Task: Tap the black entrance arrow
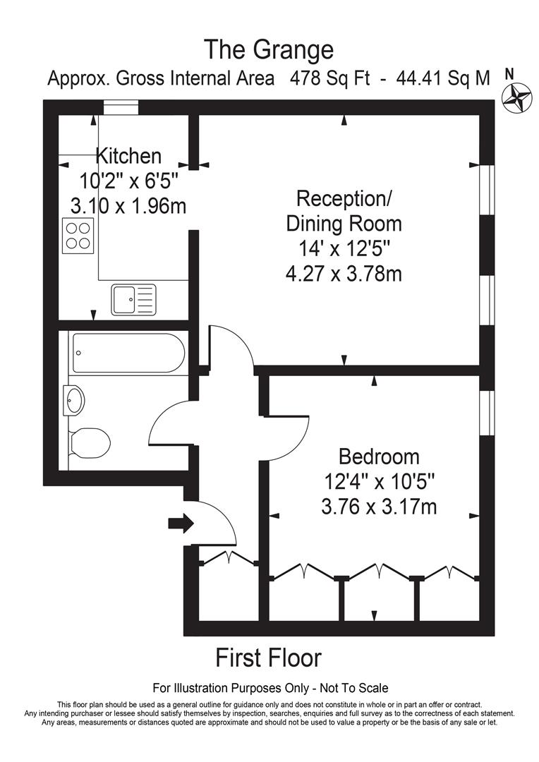coord(181,524)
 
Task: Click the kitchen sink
coord(134,299)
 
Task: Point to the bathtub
coord(128,353)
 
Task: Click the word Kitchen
coord(128,156)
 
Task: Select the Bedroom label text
coord(379,456)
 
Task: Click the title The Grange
coord(268,50)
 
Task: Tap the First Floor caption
coord(268,658)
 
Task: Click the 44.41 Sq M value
coord(443,78)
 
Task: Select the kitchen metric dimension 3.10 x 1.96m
coord(128,205)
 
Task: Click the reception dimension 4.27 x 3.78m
coord(344,273)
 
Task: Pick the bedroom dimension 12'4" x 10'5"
coord(379,481)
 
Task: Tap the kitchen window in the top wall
coord(119,107)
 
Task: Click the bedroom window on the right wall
coord(485,413)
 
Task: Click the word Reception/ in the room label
coord(344,198)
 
